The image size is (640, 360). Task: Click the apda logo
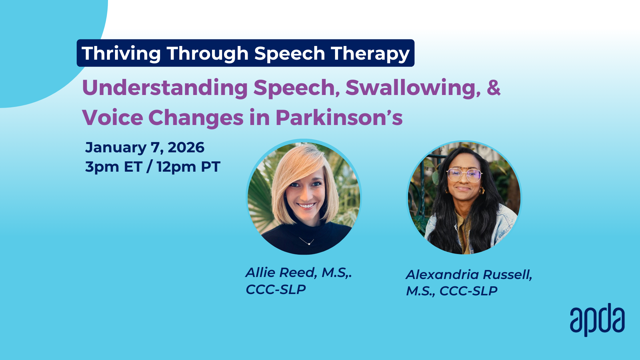[597, 320]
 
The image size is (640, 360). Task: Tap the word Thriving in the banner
[121, 54]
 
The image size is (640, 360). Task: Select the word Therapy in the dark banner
[370, 54]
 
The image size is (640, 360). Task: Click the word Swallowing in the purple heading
[413, 88]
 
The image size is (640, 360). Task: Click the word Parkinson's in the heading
[339, 118]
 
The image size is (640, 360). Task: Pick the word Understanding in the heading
[165, 88]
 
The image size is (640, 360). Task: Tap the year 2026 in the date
[186, 147]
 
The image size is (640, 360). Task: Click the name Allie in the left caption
[260, 272]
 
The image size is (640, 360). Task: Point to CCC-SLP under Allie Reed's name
[276, 289]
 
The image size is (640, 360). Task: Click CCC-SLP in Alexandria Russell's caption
[468, 291]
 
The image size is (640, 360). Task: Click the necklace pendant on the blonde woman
[309, 244]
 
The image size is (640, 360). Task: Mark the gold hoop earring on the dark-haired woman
[481, 191]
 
